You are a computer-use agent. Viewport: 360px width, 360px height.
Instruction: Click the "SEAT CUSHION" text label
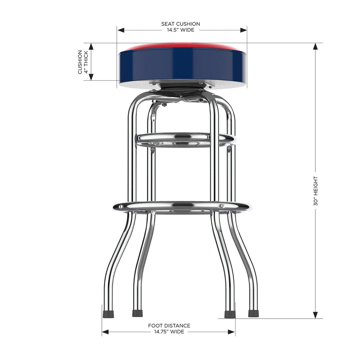click(180, 24)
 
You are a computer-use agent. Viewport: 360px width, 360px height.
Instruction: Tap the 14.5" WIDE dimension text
click(180, 30)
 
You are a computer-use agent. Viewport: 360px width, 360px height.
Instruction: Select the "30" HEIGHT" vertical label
click(316, 191)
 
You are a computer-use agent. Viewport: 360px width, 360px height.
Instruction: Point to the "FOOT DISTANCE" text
click(169, 325)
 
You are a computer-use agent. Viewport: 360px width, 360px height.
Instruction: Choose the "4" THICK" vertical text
click(86, 62)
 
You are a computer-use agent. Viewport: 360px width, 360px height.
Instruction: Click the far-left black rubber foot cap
click(108, 314)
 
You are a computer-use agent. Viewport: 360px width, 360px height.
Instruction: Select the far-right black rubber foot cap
click(253, 313)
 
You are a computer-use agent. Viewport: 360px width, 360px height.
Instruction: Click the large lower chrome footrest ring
click(182, 207)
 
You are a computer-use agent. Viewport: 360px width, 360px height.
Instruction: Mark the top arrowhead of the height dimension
click(316, 46)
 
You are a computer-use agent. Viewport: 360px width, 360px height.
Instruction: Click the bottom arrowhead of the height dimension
click(316, 315)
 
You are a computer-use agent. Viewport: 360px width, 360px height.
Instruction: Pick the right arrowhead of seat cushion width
click(244, 30)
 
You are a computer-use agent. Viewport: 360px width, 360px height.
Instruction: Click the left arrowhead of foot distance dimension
click(105, 332)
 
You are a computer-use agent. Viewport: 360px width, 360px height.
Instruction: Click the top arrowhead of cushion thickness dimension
click(91, 46)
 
